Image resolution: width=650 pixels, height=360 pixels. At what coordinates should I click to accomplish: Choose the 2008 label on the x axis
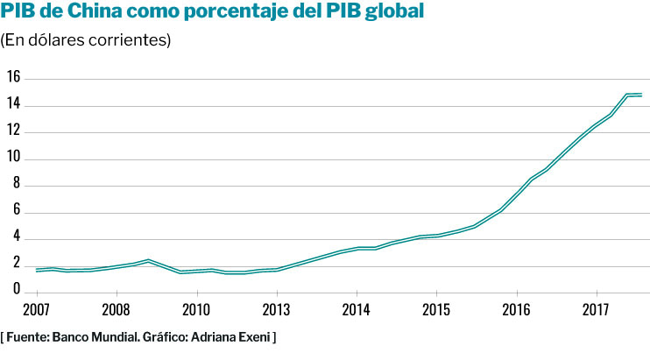pos(117,309)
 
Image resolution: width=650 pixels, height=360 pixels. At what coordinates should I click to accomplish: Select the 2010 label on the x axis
pos(196,309)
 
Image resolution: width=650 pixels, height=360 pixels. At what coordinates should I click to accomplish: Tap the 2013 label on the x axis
pos(277,309)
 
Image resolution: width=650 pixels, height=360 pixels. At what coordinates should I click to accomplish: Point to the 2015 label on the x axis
pos(436,309)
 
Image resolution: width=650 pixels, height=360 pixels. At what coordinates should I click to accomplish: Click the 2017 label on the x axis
pos(597,309)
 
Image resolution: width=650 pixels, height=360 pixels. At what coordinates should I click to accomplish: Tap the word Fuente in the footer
pos(29,336)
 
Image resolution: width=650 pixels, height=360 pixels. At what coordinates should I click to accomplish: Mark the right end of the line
pos(641,95)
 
